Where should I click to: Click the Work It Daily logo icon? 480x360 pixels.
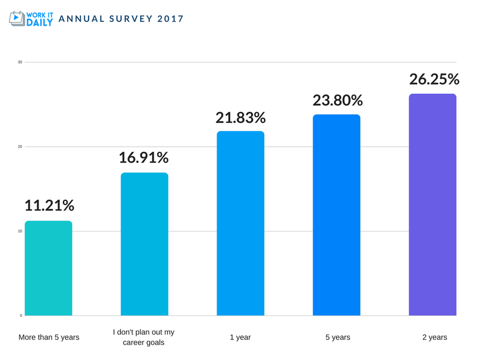pyautogui.click(x=17, y=18)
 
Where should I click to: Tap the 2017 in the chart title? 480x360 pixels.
pyautogui.click(x=171, y=19)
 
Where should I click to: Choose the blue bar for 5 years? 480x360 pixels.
pyautogui.click(x=336, y=215)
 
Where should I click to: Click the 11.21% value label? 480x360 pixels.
pyautogui.click(x=49, y=206)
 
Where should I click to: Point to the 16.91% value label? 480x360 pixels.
pyautogui.click(x=144, y=158)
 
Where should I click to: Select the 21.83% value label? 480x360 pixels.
pyautogui.click(x=240, y=118)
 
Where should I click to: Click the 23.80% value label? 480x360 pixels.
pyautogui.click(x=337, y=100)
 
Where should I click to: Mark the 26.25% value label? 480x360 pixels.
pyautogui.click(x=434, y=79)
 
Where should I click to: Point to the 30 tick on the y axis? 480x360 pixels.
pyautogui.click(x=20, y=62)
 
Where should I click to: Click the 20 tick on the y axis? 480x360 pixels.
pyautogui.click(x=20, y=146)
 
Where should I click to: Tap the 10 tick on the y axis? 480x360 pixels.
pyautogui.click(x=20, y=231)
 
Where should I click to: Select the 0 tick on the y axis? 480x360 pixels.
pyautogui.click(x=21, y=315)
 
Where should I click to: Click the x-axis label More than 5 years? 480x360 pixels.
pyautogui.click(x=49, y=337)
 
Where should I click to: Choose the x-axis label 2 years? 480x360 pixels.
pyautogui.click(x=434, y=337)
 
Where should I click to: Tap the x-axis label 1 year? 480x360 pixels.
pyautogui.click(x=240, y=337)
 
